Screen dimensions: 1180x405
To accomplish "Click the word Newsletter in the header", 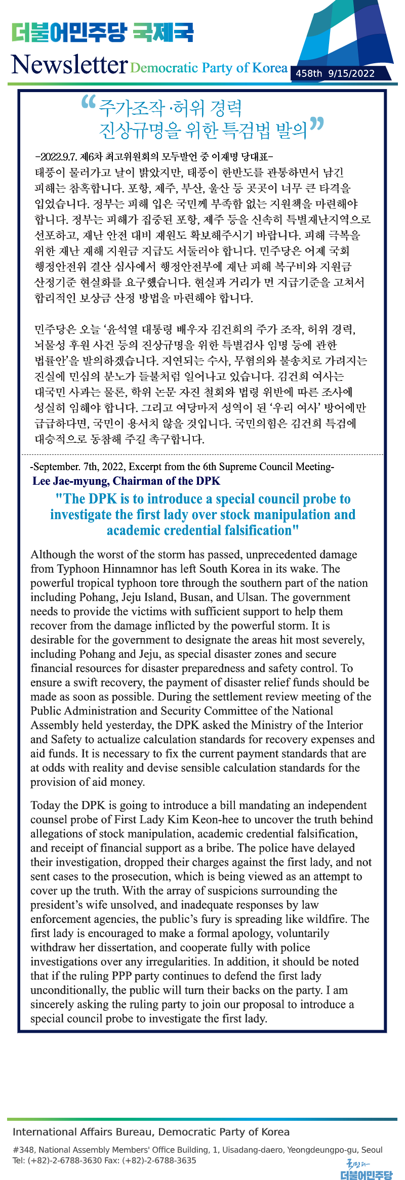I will [x=69, y=65].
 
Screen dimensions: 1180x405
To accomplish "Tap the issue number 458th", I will [x=309, y=73].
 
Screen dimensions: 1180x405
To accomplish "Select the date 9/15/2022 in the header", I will [x=351, y=73].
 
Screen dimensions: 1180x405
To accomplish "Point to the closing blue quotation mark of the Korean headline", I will [x=316, y=124].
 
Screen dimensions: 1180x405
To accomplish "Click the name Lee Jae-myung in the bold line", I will [x=70, y=481].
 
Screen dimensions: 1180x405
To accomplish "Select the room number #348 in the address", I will [x=23, y=1150].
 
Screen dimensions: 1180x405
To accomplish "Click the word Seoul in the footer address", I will [x=372, y=1150].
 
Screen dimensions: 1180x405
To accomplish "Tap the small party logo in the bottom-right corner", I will [x=366, y=1169].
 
